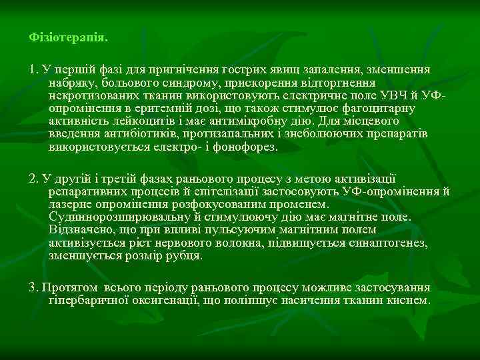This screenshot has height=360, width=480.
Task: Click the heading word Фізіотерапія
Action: pyautogui.click(x=68, y=37)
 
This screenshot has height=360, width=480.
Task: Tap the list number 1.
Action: pyautogui.click(x=33, y=69)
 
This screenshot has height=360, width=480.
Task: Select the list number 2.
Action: pyautogui.click(x=33, y=178)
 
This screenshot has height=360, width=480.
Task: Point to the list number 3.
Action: pyautogui.click(x=33, y=287)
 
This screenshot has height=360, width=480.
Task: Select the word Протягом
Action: pyautogui.click(x=65, y=287)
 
